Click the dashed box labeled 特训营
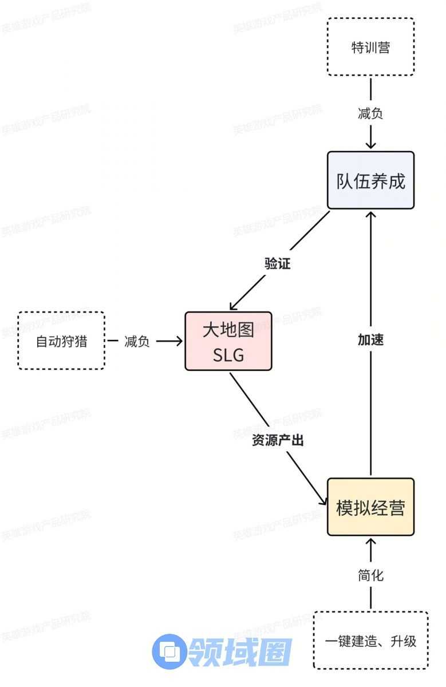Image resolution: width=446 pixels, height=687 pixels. point(370,46)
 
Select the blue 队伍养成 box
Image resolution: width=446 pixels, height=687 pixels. point(370,180)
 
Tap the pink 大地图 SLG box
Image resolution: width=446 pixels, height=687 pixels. point(228,341)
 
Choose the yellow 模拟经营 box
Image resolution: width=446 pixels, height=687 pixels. point(370,507)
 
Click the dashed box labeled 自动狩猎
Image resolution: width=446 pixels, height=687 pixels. point(61,341)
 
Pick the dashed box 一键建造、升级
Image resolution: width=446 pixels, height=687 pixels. point(370,641)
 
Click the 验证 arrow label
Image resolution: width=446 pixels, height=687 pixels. point(278,263)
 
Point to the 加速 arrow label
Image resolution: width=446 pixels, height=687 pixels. point(370,339)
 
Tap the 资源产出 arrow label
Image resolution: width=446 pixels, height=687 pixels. point(278,440)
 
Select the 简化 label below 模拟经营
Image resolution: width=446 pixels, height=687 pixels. point(370,576)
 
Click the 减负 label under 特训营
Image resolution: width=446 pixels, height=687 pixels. point(370,113)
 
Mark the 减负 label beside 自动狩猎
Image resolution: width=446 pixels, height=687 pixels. point(137,342)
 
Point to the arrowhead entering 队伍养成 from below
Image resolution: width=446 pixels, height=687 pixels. point(370,214)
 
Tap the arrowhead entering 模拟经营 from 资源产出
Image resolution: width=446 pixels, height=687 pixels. point(322,503)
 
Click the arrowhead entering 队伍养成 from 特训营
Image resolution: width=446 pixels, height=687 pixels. point(370,146)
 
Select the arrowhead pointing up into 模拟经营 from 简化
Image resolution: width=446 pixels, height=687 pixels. point(370,541)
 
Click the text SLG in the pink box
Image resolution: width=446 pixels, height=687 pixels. point(228,356)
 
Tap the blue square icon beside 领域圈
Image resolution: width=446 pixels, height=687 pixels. point(169,652)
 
